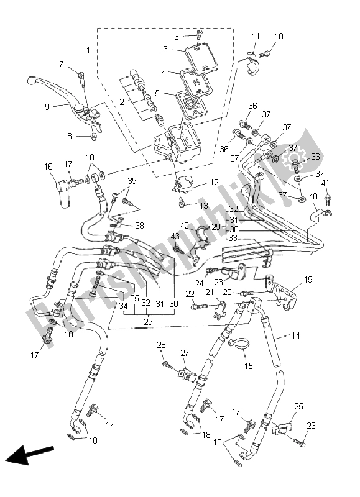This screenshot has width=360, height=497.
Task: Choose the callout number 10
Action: click(x=279, y=37)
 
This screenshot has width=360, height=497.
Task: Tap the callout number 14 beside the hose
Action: click(x=295, y=336)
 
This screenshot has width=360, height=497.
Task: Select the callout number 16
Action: click(x=48, y=166)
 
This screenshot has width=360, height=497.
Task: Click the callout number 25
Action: click(x=298, y=406)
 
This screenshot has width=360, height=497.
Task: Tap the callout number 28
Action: click(x=161, y=345)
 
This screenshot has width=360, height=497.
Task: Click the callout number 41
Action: click(x=325, y=183)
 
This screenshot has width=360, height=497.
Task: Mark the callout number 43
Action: click(x=175, y=236)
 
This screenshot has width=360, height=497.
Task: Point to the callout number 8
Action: click(x=70, y=136)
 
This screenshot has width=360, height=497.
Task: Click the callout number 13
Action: click(x=204, y=205)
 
